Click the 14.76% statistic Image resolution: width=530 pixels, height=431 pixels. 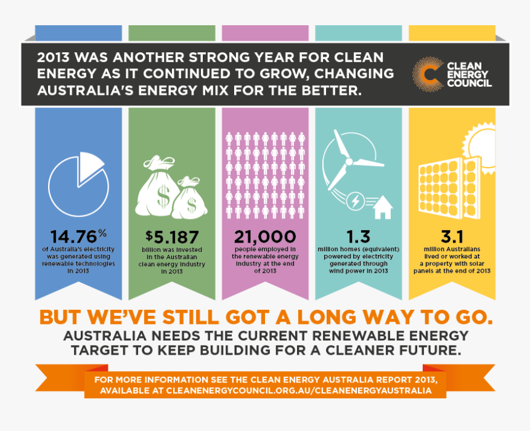[x=76, y=236]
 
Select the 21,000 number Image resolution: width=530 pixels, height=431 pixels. [x=265, y=236]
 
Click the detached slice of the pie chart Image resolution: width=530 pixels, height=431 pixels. [x=90, y=165]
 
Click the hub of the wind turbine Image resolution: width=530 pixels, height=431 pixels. [x=349, y=162]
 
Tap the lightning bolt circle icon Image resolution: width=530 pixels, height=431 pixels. [x=356, y=201]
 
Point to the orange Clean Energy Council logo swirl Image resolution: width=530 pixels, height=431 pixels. [x=427, y=73]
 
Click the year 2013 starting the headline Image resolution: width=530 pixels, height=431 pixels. [x=52, y=58]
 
